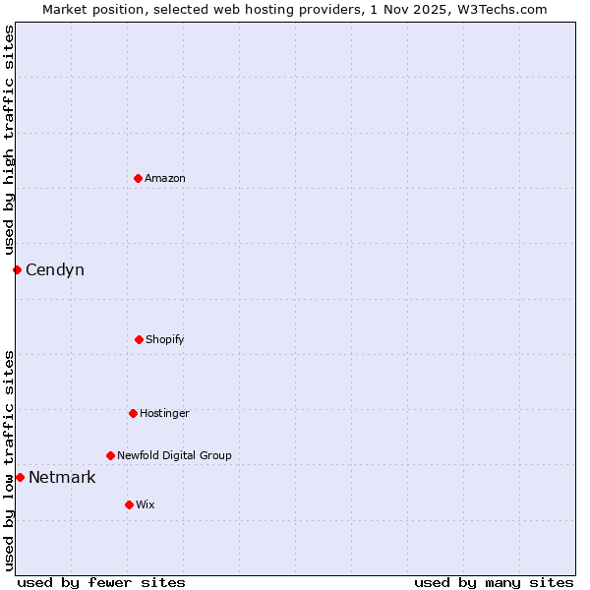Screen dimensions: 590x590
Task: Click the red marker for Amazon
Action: pyautogui.click(x=138, y=178)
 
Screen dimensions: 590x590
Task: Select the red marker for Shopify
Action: pyautogui.click(x=139, y=339)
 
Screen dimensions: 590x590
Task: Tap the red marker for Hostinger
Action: pyautogui.click(x=133, y=413)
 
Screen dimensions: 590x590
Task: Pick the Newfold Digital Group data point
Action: pyautogui.click(x=110, y=455)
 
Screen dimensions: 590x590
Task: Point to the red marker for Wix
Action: pyautogui.click(x=129, y=504)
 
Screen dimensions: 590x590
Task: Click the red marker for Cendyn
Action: pyautogui.click(x=17, y=269)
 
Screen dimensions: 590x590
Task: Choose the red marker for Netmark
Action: pyautogui.click(x=20, y=477)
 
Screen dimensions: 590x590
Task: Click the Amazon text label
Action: pyautogui.click(x=165, y=178)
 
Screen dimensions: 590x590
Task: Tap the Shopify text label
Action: pyautogui.click(x=165, y=339)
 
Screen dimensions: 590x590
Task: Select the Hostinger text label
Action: pyautogui.click(x=164, y=413)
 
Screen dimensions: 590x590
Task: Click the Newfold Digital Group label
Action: pyautogui.click(x=174, y=455)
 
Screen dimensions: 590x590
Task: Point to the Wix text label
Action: pyautogui.click(x=146, y=504)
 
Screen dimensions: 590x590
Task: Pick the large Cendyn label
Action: pyautogui.click(x=55, y=269)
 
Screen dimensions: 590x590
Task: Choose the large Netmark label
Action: pyautogui.click(x=62, y=477)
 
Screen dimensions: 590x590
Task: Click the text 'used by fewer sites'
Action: pyautogui.click(x=101, y=582)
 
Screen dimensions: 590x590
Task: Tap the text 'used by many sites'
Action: pyautogui.click(x=494, y=582)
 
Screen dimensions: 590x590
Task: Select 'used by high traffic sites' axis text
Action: pyautogui.click(x=9, y=140)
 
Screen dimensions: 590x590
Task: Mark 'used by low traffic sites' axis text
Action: pyautogui.click(x=9, y=460)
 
